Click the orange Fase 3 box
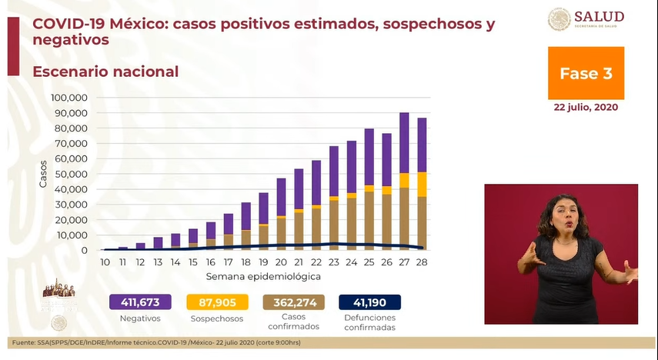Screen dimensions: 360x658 coord(586,73)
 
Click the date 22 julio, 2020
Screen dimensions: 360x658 coord(586,108)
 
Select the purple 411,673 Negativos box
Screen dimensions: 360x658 coord(139,302)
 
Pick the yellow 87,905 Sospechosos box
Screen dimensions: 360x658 coord(216,302)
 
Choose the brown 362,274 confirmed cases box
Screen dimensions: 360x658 coord(294,302)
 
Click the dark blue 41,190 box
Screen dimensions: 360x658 coord(370,302)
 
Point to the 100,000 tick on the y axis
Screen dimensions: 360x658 coord(69,98)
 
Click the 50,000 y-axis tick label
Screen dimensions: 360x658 coord(72,174)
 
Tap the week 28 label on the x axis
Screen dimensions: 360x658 coord(421,262)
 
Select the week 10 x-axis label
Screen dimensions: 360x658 coord(105,262)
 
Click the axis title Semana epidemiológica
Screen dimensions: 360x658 coord(262,275)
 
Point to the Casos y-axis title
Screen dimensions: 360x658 coord(43,174)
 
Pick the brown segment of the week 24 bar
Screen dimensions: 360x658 coord(352,224)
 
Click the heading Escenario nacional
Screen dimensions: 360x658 coord(105,72)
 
